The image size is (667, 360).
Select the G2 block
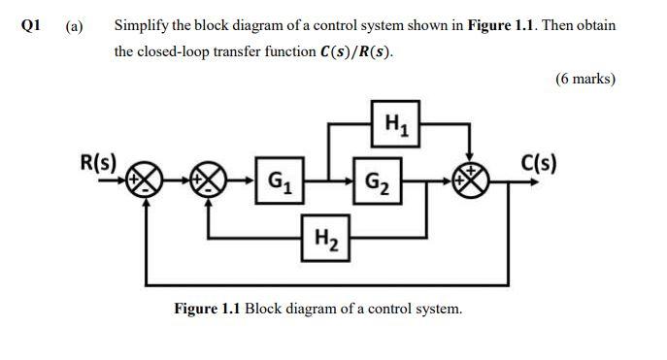pyautogui.click(x=374, y=180)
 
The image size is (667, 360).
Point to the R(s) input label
pyautogui.click(x=97, y=162)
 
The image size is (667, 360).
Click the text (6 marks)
pyautogui.click(x=585, y=79)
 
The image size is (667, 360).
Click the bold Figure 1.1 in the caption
pyautogui.click(x=207, y=309)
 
